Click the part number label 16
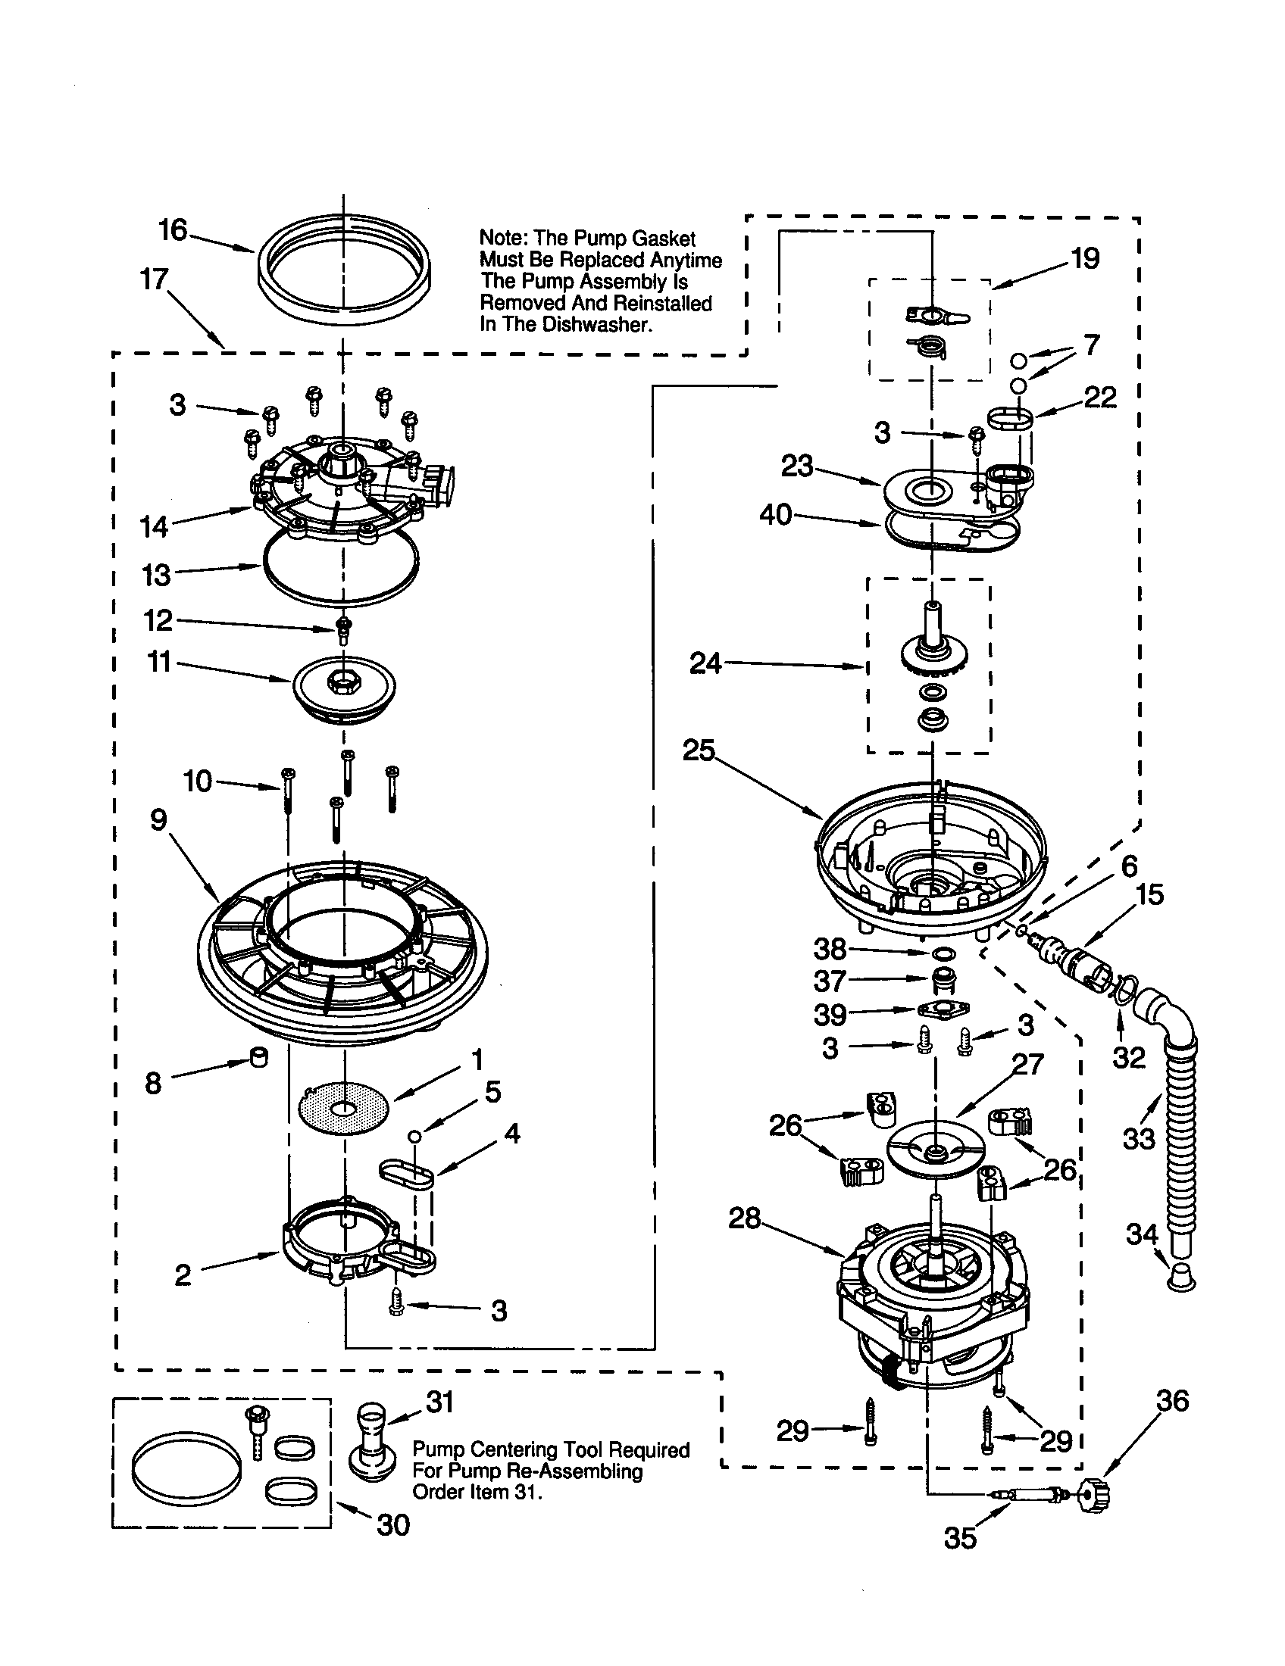pyautogui.click(x=173, y=229)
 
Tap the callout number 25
pyautogui.click(x=699, y=750)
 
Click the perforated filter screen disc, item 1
pyautogui.click(x=345, y=1107)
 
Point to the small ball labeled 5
pyautogui.click(x=414, y=1137)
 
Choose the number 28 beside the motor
pyautogui.click(x=744, y=1218)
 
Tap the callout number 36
pyautogui.click(x=1172, y=1400)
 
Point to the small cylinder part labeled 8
pyautogui.click(x=259, y=1057)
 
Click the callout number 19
pyautogui.click(x=1085, y=258)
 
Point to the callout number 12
pyautogui.click(x=158, y=621)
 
